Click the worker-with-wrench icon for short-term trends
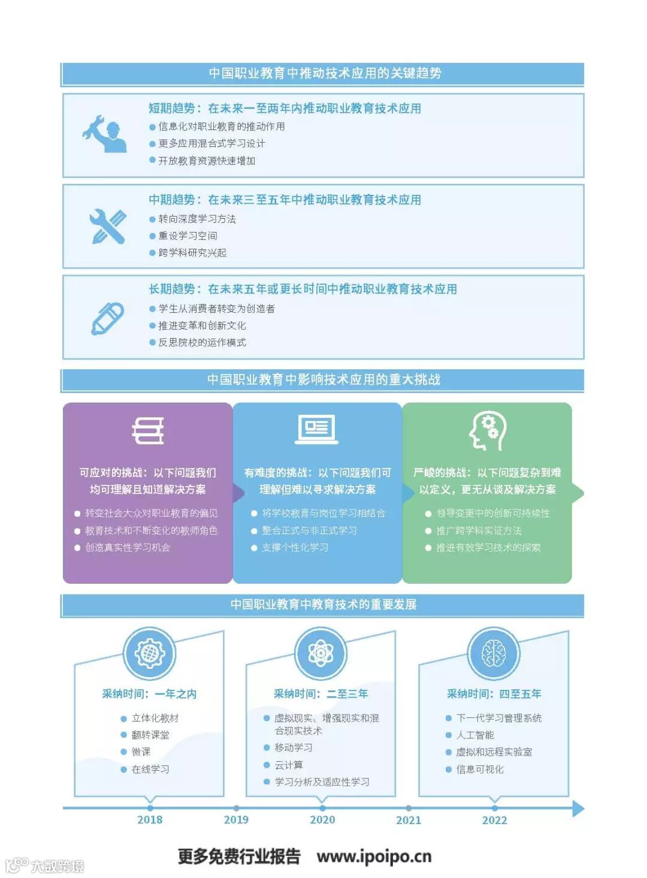coord(105,134)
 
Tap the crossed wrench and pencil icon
coord(108,226)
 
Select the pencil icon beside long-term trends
coord(108,318)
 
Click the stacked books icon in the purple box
coord(148,431)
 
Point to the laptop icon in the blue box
coord(317,429)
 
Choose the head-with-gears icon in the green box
coord(488,430)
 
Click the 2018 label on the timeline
coord(150,820)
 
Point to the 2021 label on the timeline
coord(409,820)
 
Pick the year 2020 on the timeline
coord(322,820)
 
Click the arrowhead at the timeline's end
coord(578,808)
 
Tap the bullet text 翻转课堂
coord(150,735)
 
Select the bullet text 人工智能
coord(475,735)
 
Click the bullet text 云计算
coord(289,765)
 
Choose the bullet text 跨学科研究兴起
coord(192,253)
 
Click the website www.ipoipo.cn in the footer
coord(374,856)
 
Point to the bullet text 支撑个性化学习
coord(295,548)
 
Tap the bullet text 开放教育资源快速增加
coord(207,161)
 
